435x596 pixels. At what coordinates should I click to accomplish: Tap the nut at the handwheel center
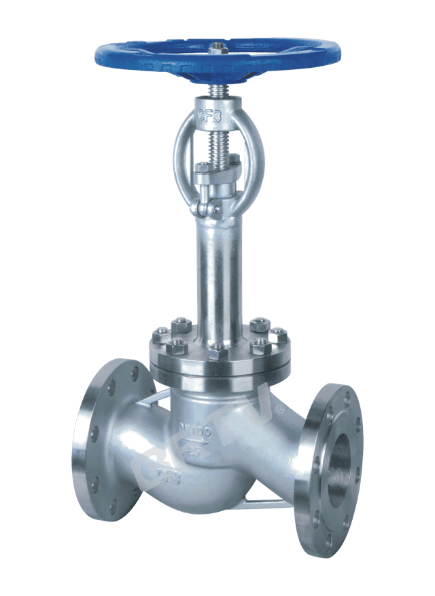217,48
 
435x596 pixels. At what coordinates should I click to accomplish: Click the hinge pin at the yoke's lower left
196,206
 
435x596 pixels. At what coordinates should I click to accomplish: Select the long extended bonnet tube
218,272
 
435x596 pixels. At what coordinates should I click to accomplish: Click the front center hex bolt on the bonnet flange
216,351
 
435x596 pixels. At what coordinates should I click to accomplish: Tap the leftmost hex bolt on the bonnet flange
160,333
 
